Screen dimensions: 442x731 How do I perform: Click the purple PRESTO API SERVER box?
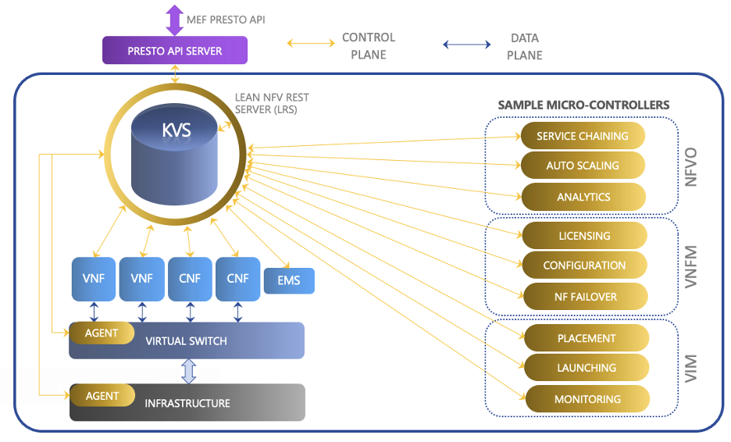[175, 51]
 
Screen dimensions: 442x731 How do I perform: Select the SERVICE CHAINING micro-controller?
[583, 136]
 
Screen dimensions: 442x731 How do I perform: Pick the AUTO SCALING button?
[583, 166]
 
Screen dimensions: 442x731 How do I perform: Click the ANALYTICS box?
[583, 197]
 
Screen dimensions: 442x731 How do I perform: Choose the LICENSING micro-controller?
[584, 236]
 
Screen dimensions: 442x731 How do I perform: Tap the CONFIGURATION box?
[584, 266]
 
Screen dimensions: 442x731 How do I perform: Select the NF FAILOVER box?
[584, 297]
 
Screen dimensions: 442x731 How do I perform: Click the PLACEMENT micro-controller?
[586, 338]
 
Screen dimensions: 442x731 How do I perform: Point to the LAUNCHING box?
[586, 368]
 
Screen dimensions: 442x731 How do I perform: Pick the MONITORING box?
[586, 399]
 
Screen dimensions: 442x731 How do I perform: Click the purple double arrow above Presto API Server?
[175, 19]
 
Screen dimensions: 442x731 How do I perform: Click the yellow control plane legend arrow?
[311, 45]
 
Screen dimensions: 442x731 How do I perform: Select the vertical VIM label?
[690, 368]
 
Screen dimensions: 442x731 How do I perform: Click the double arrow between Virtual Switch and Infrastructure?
[188, 371]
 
